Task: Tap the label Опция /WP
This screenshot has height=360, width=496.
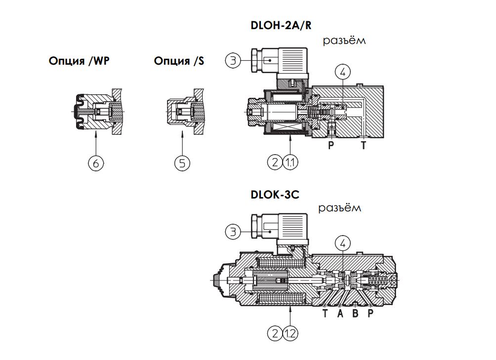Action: coord(80,61)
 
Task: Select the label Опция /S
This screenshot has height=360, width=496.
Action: coord(179,61)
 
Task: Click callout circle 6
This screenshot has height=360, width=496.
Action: coord(96,162)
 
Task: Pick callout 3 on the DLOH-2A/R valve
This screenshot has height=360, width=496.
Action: coord(233,60)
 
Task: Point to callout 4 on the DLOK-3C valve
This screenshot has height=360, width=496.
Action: coord(342,243)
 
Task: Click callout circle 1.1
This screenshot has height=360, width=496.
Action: coord(290,161)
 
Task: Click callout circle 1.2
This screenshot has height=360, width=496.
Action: coord(290,334)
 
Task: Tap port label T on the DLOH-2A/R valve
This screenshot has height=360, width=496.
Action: coord(364,145)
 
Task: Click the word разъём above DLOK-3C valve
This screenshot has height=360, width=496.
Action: coord(340,208)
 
